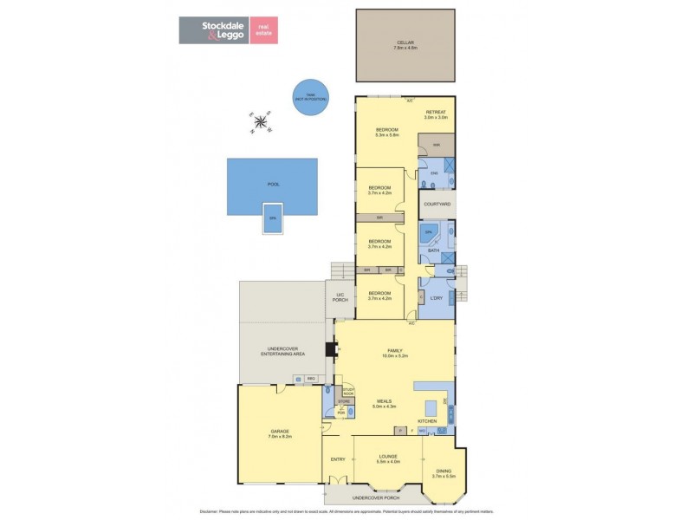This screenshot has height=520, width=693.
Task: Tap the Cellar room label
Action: click(406, 44)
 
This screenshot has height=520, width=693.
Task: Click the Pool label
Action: click(273, 185)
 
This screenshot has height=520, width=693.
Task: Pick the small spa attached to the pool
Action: click(273, 218)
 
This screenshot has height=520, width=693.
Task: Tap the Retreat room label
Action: click(435, 115)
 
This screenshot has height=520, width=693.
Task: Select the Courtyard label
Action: click(437, 205)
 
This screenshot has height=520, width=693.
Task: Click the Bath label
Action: click(434, 251)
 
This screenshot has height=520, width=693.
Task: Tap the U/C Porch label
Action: click(340, 298)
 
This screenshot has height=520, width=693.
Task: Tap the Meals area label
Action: click(385, 403)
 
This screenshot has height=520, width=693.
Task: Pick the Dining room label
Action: click(444, 474)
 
